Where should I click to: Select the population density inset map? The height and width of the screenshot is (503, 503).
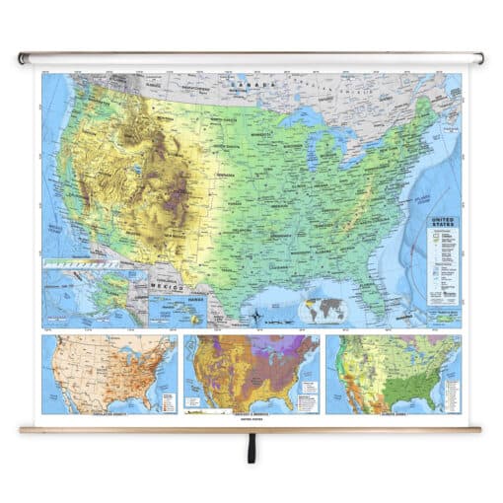click(x=109, y=375)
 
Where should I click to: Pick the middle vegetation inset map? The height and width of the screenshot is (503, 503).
click(x=252, y=375)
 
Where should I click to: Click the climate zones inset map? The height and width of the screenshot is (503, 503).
click(x=394, y=375)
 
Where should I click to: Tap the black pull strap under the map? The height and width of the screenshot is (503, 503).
click(x=251, y=452)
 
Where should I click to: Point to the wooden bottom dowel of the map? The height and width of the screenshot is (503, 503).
click(x=251, y=429)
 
